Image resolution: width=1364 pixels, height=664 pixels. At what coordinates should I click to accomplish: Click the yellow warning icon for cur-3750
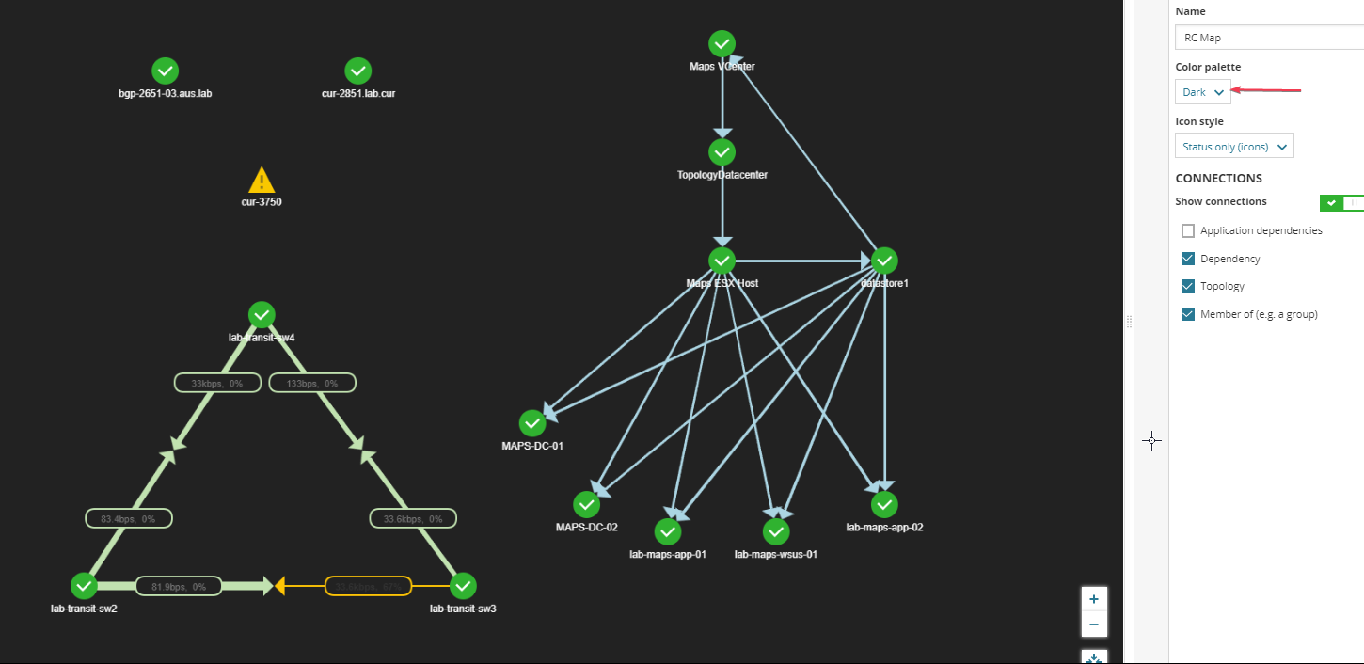[261, 180]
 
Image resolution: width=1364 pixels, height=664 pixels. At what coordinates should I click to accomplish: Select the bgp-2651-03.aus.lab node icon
[165, 71]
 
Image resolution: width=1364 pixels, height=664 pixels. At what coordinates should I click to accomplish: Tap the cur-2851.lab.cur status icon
[357, 71]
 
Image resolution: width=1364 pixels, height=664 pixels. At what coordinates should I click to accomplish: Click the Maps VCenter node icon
[722, 43]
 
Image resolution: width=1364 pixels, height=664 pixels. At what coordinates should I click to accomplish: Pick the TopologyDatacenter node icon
[722, 151]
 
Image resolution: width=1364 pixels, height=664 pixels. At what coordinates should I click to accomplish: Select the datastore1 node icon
[884, 261]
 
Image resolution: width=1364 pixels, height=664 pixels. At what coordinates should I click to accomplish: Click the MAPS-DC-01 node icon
[532, 423]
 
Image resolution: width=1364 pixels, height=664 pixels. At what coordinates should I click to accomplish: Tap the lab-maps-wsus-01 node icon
[776, 532]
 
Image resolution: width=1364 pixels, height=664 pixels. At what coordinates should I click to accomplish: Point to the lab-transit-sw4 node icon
[262, 314]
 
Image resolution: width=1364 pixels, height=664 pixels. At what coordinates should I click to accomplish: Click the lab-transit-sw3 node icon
[463, 586]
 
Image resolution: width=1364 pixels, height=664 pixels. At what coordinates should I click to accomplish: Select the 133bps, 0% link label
[311, 383]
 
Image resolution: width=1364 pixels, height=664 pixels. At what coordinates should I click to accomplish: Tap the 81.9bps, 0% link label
[179, 586]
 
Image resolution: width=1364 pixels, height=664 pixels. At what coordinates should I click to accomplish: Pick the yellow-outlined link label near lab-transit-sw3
[368, 586]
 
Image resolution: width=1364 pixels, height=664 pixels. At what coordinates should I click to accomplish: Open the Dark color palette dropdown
[1203, 92]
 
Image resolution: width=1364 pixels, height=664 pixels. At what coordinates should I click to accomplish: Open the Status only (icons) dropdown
[1234, 147]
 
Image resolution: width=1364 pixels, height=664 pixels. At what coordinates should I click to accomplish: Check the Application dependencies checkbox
[1188, 230]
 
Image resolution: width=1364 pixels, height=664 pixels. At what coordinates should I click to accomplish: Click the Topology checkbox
[1188, 286]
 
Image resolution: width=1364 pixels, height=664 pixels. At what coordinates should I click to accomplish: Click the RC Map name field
[1268, 38]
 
